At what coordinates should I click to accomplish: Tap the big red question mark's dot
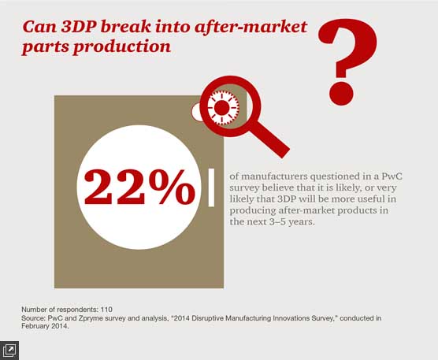click(x=342, y=93)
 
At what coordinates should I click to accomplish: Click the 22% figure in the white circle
click(x=139, y=187)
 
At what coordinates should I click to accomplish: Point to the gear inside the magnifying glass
click(x=222, y=108)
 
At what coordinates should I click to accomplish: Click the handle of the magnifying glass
click(x=269, y=139)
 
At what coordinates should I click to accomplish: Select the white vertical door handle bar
click(x=211, y=187)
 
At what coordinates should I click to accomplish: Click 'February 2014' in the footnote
click(x=45, y=326)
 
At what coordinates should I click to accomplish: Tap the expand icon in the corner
click(x=9, y=351)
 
